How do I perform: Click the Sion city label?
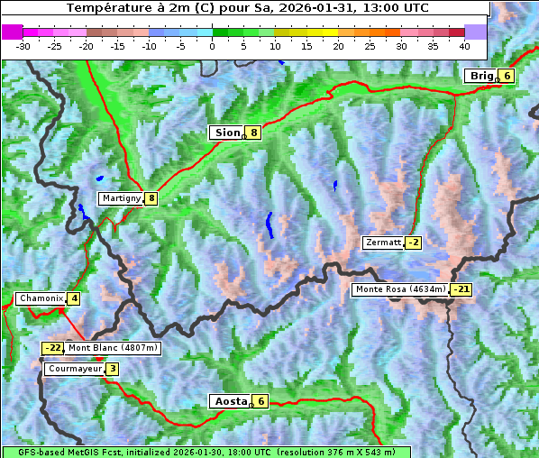click(x=226, y=133)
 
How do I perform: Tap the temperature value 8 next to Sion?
click(x=254, y=133)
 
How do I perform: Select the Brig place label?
click(x=481, y=76)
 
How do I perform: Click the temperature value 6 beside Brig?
click(x=507, y=76)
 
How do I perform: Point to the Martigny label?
click(x=121, y=198)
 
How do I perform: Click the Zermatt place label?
click(x=383, y=243)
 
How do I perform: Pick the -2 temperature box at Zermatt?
click(x=414, y=243)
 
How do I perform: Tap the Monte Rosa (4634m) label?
click(x=400, y=289)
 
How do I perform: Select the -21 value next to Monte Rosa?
click(x=461, y=289)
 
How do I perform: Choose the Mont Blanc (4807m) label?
click(x=113, y=348)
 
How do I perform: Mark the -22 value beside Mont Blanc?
click(x=53, y=348)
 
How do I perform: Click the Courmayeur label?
click(x=75, y=369)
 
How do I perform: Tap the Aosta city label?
click(x=230, y=401)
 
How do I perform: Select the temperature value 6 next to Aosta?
click(x=260, y=401)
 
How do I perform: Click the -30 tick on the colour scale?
click(x=23, y=46)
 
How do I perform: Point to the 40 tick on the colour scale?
click(x=464, y=46)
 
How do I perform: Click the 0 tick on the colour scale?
click(x=213, y=46)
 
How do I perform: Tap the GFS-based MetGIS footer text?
click(x=206, y=452)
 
